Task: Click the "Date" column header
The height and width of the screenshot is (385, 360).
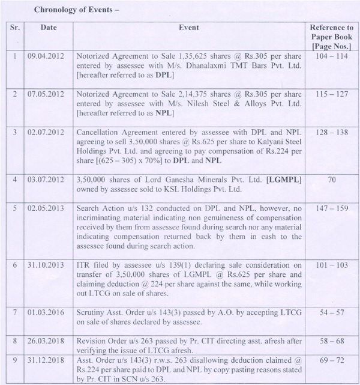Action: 49,28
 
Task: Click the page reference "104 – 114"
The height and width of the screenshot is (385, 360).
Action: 331,54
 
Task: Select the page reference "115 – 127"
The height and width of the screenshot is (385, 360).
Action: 331,95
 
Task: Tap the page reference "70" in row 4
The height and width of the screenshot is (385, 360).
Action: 331,178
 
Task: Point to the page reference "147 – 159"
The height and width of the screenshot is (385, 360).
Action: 331,208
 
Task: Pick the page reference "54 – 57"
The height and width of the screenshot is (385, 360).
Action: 331,312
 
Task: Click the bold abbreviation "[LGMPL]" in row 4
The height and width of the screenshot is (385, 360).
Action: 281,178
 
